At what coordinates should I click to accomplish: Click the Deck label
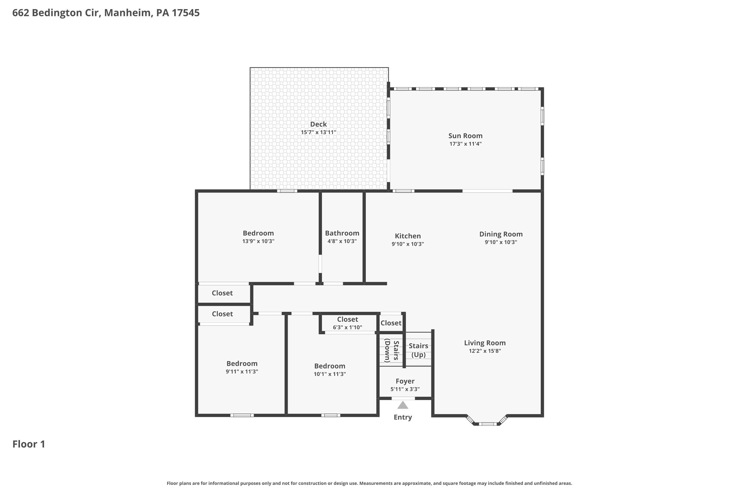318,124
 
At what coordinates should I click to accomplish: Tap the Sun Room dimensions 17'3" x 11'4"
465,144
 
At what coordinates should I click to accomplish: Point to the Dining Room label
501,234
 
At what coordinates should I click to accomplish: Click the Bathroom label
342,233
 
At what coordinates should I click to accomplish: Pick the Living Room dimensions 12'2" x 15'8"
485,351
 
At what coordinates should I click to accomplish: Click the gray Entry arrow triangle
403,405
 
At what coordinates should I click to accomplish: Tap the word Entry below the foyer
403,417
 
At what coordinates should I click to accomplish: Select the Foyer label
405,381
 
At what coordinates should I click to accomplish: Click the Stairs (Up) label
418,350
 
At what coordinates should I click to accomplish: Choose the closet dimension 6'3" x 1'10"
348,327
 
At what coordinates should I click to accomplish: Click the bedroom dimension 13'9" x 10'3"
258,241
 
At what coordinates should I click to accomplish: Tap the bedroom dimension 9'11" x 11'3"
242,371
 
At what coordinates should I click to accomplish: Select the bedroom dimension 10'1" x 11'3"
330,374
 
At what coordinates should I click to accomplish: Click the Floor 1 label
29,444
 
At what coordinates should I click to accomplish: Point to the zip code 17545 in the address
185,13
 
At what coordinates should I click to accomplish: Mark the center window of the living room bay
488,424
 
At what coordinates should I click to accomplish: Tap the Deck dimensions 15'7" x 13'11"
318,132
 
